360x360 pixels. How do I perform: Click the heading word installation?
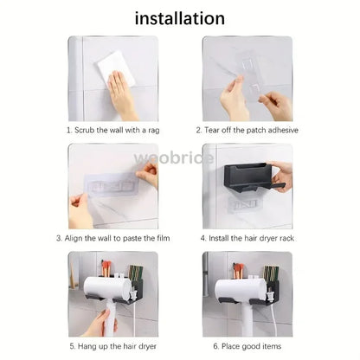(x=180, y=18)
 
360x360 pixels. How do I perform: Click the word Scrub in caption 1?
(x=85, y=130)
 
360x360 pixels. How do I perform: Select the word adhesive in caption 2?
(x=283, y=130)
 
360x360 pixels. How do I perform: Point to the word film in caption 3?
(x=164, y=238)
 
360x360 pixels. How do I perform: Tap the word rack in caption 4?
(x=286, y=238)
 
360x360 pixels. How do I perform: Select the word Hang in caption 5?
(x=87, y=346)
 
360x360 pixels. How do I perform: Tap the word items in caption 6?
(x=272, y=346)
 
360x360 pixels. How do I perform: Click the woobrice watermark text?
(x=174, y=158)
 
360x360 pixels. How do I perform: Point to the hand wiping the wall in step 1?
(x=121, y=93)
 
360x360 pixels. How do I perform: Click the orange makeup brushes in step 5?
(x=106, y=267)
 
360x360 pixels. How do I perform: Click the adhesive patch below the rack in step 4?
(x=244, y=204)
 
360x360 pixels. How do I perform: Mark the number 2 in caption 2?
(x=198, y=130)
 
